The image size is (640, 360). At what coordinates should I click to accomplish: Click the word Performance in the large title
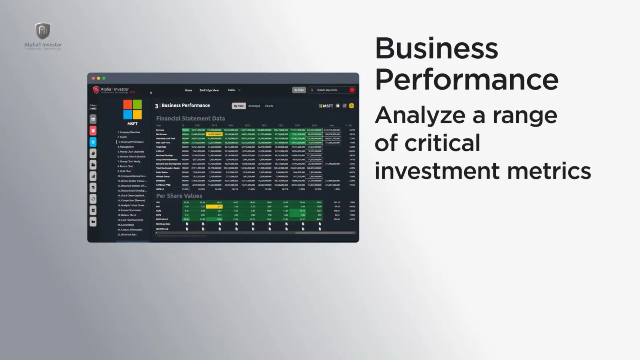[466, 79]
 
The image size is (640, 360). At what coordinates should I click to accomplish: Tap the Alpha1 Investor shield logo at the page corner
[43, 31]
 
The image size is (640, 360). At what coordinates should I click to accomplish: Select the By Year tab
[238, 106]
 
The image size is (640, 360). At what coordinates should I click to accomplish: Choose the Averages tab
[254, 106]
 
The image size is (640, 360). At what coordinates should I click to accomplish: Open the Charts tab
[269, 106]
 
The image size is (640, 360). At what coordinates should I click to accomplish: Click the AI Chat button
[299, 90]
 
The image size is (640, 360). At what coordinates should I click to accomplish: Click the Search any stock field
[330, 90]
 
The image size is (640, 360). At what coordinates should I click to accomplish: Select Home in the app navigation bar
[188, 90]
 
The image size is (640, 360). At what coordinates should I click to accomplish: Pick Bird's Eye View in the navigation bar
[209, 90]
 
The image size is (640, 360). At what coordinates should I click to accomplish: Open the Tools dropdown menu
[234, 90]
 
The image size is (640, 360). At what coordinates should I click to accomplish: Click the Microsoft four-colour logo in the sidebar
[132, 110]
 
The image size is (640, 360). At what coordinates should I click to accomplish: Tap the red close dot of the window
[93, 78]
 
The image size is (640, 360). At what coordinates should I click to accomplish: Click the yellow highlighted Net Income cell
[214, 134]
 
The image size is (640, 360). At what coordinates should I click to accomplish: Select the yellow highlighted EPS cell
[214, 206]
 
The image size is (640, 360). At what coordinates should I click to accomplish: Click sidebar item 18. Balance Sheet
[127, 215]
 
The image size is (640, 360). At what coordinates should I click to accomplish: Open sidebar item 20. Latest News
[126, 225]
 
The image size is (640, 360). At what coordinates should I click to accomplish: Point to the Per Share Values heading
[179, 196]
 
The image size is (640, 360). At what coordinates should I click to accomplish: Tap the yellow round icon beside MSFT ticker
[352, 106]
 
